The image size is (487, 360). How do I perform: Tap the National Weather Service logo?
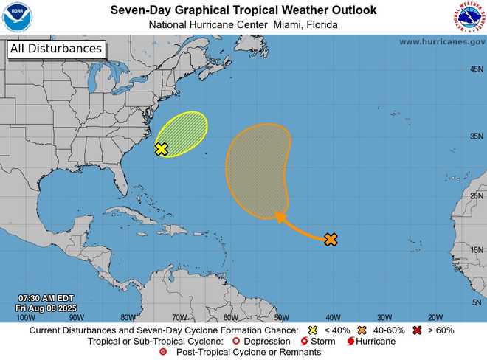pyautogui.click(x=469, y=18)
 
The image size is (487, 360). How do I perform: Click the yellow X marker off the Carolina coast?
pyautogui.click(x=162, y=149)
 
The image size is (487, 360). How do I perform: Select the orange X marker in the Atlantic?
pyautogui.click(x=331, y=239)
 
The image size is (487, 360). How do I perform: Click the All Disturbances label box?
pyautogui.click(x=55, y=49)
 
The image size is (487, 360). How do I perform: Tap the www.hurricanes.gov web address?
pyautogui.click(x=441, y=41)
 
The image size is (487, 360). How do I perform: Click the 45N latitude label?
pyautogui.click(x=477, y=69)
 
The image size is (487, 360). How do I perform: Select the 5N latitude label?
pyautogui.click(x=477, y=302)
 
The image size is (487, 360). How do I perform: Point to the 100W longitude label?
pyautogui.click(x=25, y=317)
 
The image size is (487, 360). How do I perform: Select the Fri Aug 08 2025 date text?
pyautogui.click(x=46, y=308)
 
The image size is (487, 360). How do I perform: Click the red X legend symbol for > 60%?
pyautogui.click(x=418, y=330)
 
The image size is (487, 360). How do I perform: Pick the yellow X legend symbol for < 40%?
pyautogui.click(x=312, y=330)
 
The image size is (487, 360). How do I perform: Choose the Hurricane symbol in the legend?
pyautogui.click(x=350, y=342)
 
